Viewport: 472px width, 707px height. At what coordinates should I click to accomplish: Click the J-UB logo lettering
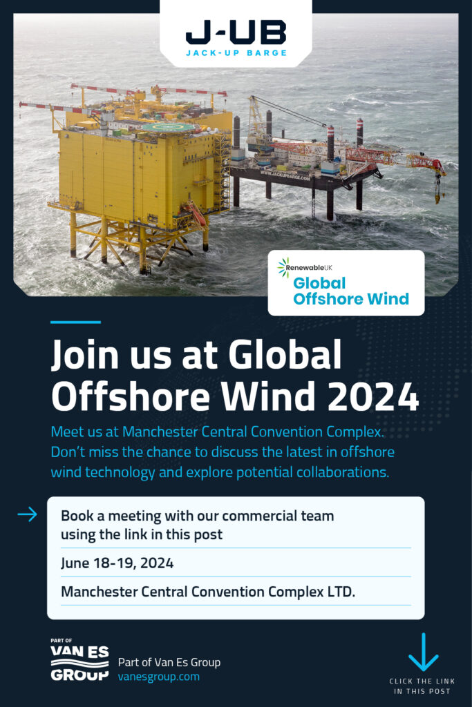point(236,32)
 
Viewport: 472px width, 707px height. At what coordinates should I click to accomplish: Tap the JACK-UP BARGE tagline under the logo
point(236,52)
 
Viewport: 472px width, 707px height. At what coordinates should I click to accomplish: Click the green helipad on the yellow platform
point(169,128)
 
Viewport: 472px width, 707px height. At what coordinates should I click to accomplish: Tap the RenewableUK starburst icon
point(283,267)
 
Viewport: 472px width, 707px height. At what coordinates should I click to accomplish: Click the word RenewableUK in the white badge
point(309,268)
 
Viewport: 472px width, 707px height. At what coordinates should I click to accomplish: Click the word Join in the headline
point(85,354)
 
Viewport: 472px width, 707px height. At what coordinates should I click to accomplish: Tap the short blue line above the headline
point(75,322)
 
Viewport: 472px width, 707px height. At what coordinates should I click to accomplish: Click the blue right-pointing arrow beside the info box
point(28,514)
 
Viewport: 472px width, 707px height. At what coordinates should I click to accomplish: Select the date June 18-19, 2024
point(117,563)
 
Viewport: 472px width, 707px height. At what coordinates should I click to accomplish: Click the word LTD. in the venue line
point(341,592)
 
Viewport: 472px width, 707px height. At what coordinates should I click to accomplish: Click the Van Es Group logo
point(79,659)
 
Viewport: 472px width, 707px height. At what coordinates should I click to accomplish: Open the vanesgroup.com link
point(159,677)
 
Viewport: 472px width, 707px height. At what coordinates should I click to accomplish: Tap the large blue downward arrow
point(423,652)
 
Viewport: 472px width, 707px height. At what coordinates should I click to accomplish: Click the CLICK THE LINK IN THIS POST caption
point(422,686)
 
